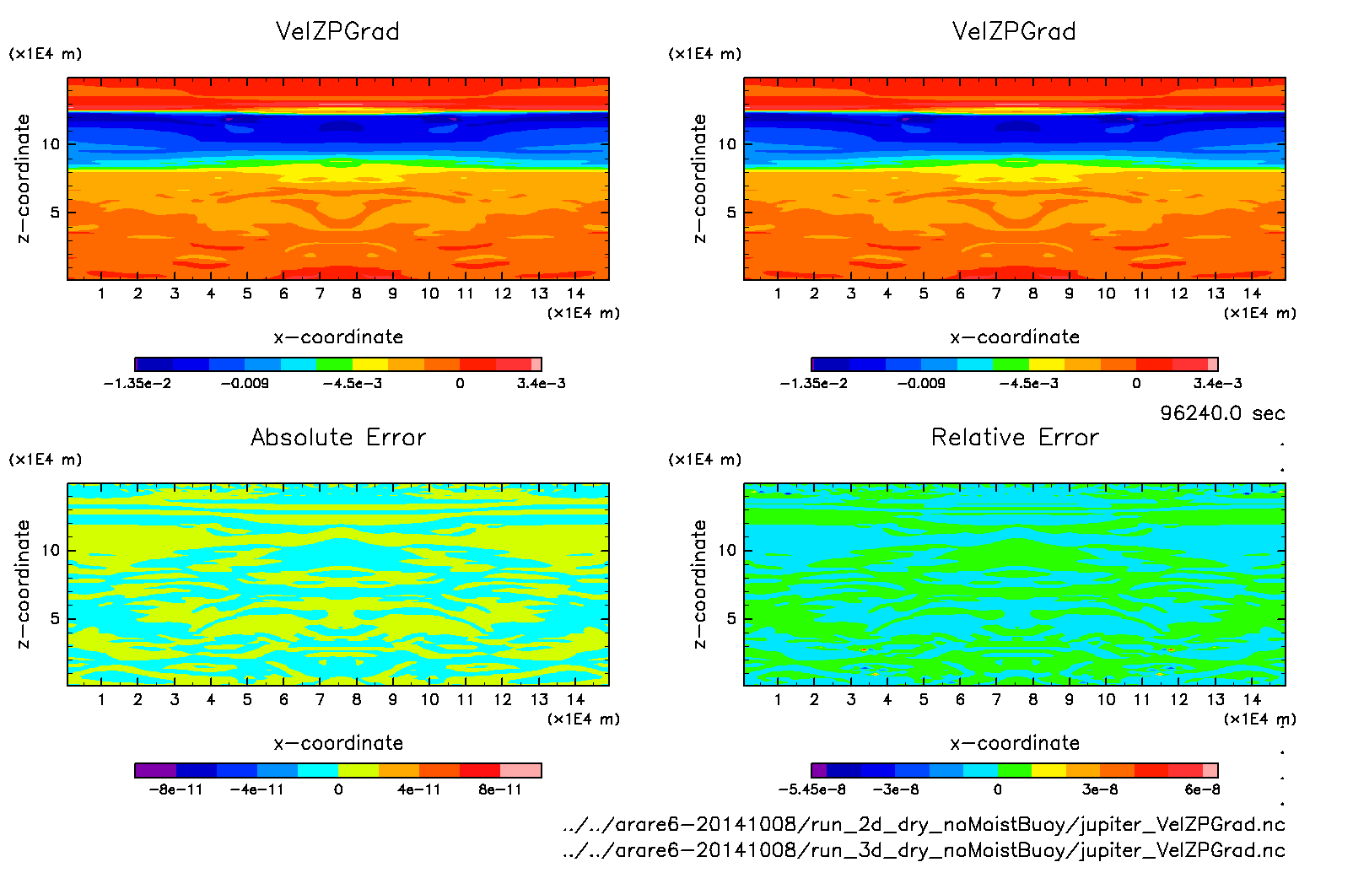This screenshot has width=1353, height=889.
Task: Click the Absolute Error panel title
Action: [x=338, y=438]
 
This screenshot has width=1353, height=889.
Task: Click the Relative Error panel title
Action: [x=1015, y=438]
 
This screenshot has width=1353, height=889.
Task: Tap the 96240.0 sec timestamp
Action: [x=1222, y=413]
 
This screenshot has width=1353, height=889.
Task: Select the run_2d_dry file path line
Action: [x=924, y=825]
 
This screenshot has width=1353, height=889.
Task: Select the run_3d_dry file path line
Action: [x=924, y=850]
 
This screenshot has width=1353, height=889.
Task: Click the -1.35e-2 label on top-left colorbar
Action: [x=137, y=384]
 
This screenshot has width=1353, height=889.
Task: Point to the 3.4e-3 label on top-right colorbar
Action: [x=1217, y=384]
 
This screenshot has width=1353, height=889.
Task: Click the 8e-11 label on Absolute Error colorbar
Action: [x=500, y=790]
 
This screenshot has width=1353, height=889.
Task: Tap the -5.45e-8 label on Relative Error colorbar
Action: [x=811, y=790]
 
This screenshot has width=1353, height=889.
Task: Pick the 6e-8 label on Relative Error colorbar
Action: [x=1202, y=790]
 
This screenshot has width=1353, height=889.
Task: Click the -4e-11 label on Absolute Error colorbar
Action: [x=257, y=790]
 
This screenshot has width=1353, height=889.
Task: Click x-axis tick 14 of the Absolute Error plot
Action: [x=575, y=700]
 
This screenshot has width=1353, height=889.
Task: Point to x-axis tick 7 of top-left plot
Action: [x=320, y=294]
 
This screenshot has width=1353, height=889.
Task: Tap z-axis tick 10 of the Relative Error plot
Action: [x=727, y=551]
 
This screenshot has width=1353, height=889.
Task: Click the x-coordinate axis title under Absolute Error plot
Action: [x=338, y=743]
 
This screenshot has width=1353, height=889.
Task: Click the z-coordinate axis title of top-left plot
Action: [x=24, y=179]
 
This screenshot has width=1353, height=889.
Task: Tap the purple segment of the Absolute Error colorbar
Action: [x=155, y=770]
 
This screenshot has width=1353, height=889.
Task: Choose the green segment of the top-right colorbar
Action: [x=1011, y=364]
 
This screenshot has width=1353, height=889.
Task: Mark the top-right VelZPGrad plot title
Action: [x=1014, y=32]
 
